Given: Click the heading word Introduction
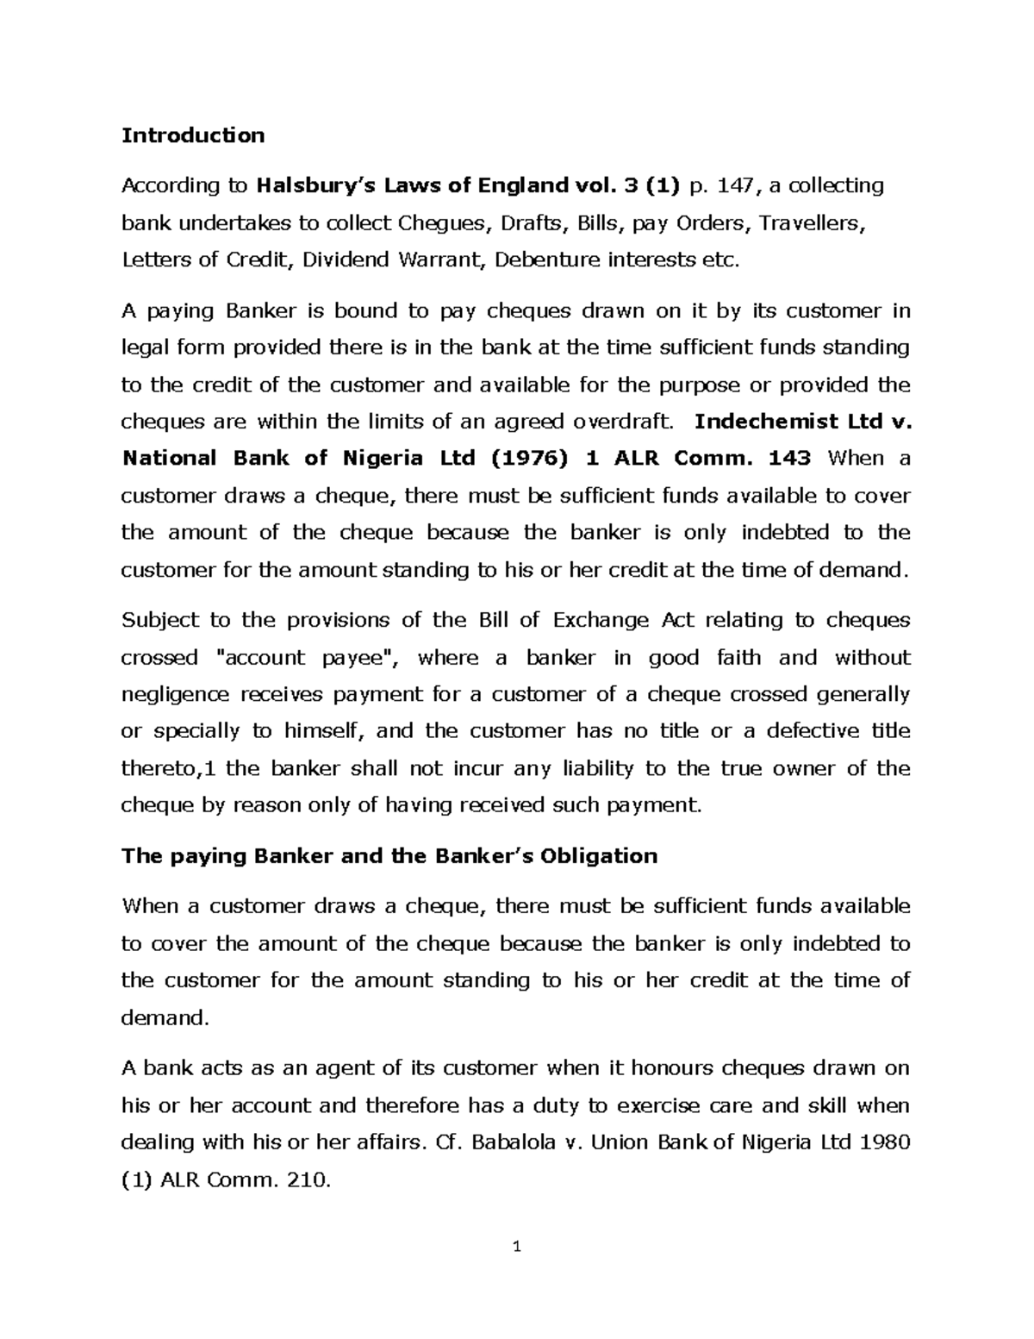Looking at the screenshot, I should (x=193, y=135).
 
